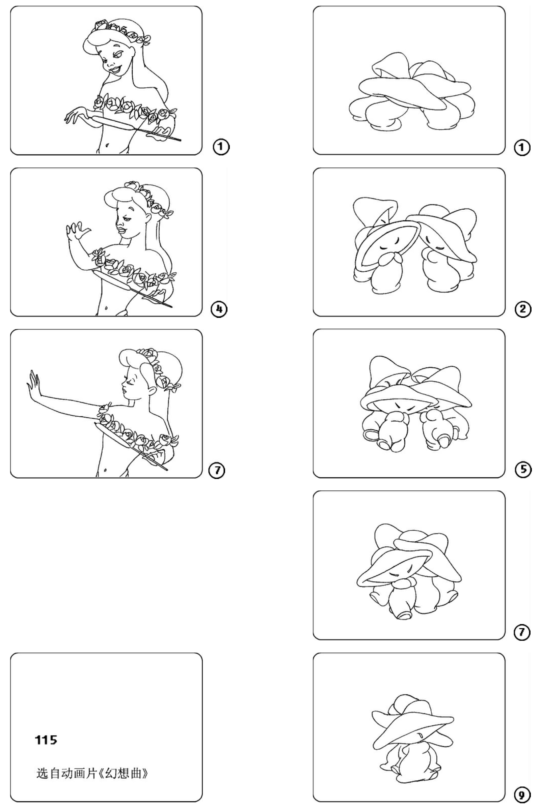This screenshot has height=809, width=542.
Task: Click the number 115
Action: pyautogui.click(x=46, y=740)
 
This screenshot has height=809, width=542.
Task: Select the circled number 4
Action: pyautogui.click(x=219, y=309)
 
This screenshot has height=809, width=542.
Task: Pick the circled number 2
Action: pyautogui.click(x=522, y=309)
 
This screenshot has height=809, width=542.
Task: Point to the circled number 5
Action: pyautogui.click(x=523, y=470)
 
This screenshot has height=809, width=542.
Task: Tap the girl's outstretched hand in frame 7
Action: pyautogui.click(x=34, y=385)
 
